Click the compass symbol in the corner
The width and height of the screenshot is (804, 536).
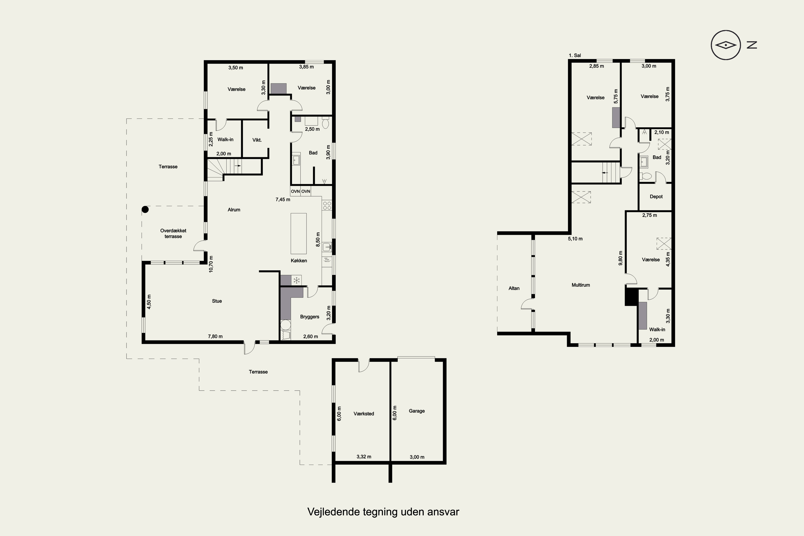click(726, 45)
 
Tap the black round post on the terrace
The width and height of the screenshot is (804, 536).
click(145, 209)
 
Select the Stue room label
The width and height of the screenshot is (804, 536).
click(217, 301)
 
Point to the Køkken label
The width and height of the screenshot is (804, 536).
click(299, 260)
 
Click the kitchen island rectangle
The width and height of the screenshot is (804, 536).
click(299, 233)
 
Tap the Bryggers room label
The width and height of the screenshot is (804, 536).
click(310, 317)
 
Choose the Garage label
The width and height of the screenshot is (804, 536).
click(417, 411)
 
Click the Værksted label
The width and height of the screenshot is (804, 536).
click(364, 413)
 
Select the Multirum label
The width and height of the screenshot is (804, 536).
click(581, 285)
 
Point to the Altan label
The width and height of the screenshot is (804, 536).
click(514, 288)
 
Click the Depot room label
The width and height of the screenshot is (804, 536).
click(656, 196)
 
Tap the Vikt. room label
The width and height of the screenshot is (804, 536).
click(257, 140)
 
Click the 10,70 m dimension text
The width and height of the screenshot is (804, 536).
click(211, 264)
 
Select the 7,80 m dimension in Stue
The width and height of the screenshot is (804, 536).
click(215, 336)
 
